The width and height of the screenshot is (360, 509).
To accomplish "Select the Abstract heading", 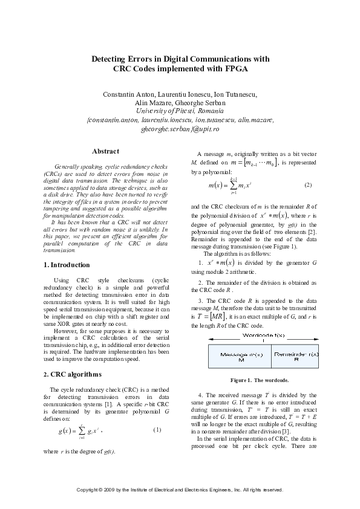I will pos(105,151).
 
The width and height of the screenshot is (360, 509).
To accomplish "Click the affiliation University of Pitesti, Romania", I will pos(180,111).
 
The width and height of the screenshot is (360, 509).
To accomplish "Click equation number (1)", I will pos(157,430).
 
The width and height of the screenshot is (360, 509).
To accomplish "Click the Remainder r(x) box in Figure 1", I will pos(293,357).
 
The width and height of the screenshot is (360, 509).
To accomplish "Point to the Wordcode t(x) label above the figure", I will pos(260,335).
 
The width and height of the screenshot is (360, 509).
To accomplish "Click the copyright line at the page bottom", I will pos(180,488).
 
